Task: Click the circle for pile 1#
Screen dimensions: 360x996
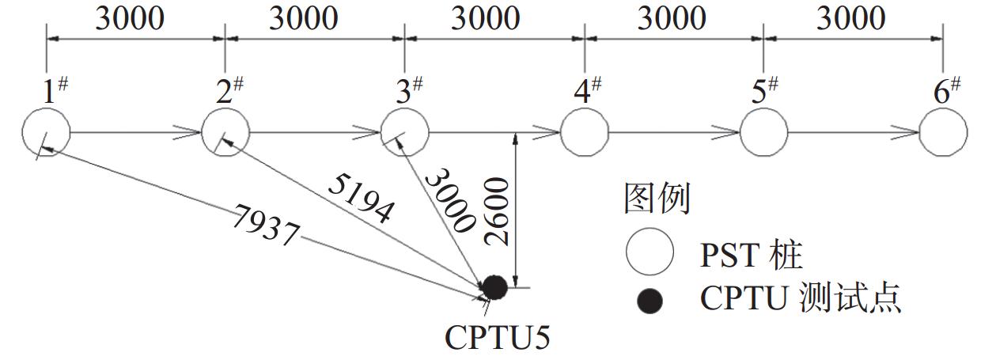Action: [46, 133]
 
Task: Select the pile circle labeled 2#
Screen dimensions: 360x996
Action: [225, 133]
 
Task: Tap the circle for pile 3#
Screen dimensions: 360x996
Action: [405, 133]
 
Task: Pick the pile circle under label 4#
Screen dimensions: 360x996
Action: [585, 133]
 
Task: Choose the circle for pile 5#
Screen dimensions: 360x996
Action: [763, 133]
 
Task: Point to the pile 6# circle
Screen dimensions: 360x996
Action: [943, 133]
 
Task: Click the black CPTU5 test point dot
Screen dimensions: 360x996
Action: [494, 287]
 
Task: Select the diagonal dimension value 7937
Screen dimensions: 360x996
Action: [266, 225]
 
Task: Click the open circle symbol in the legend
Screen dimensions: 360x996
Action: [649, 252]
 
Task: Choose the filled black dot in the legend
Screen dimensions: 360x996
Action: [650, 301]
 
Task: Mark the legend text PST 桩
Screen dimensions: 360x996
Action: [751, 254]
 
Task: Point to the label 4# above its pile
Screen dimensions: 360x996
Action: [586, 91]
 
